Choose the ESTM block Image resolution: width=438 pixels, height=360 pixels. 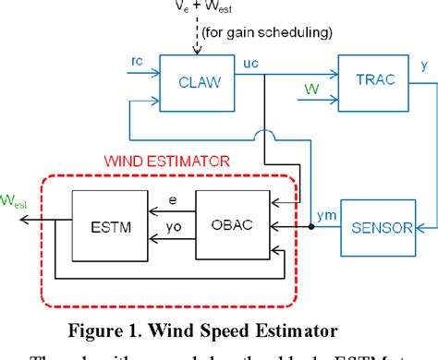pyautogui.click(x=106, y=224)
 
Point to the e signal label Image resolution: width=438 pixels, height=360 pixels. pyautogui.click(x=173, y=198)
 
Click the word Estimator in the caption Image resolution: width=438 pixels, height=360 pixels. pyautogui.click(x=311, y=329)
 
